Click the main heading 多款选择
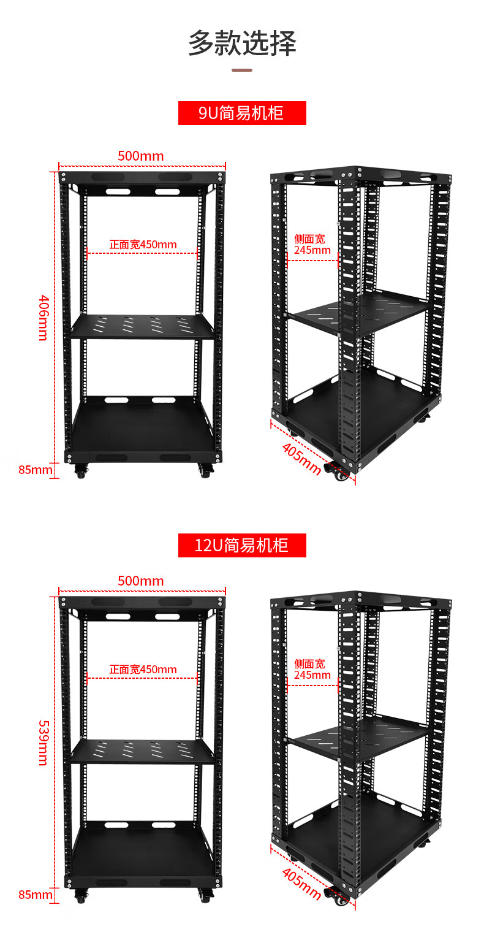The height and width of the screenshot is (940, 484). (242, 43)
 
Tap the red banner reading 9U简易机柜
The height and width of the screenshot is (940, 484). (242, 113)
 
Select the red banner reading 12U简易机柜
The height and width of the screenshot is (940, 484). (242, 545)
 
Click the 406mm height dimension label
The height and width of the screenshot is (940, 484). (44, 318)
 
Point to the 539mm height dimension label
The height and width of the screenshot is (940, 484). (44, 743)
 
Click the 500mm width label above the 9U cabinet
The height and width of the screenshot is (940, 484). (140, 156)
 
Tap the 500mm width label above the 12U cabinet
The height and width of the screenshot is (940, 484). (140, 581)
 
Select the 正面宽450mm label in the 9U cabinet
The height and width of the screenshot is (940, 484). (143, 244)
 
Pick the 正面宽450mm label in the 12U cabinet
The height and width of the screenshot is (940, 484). (143, 670)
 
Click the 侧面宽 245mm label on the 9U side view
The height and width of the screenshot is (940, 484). (312, 244)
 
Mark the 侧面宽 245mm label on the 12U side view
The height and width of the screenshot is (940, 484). (312, 670)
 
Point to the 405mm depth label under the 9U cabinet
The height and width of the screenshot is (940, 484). (301, 459)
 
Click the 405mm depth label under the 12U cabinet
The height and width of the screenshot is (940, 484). (301, 884)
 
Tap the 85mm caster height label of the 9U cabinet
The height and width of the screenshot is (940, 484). (36, 470)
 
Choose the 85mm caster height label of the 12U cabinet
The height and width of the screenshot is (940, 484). (36, 895)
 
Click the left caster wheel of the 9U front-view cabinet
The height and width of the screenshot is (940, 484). (81, 471)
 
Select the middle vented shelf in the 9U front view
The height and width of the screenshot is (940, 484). (143, 326)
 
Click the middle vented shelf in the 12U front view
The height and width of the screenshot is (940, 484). (143, 752)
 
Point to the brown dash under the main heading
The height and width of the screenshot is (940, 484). (242, 70)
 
